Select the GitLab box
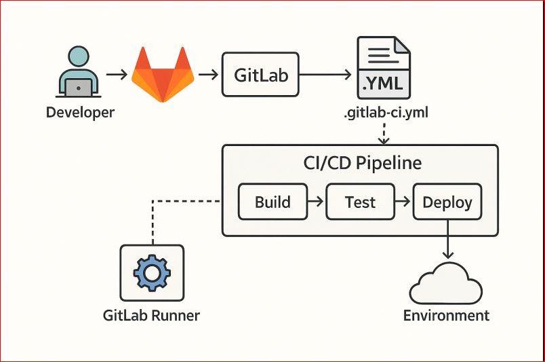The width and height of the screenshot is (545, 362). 261,75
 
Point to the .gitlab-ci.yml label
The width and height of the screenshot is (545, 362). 384,113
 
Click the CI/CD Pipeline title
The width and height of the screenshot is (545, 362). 362,164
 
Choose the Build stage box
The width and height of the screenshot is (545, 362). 272,202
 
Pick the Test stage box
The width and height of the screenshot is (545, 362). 360,202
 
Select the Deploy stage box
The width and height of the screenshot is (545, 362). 447,202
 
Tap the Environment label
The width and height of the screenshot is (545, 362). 446,315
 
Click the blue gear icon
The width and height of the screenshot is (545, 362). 152,274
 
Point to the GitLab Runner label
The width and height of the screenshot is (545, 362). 151,315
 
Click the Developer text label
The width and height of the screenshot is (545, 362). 80,112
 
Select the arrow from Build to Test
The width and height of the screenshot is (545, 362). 316,202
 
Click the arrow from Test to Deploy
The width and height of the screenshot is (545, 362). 403,202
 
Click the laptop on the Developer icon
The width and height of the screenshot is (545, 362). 80,87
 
